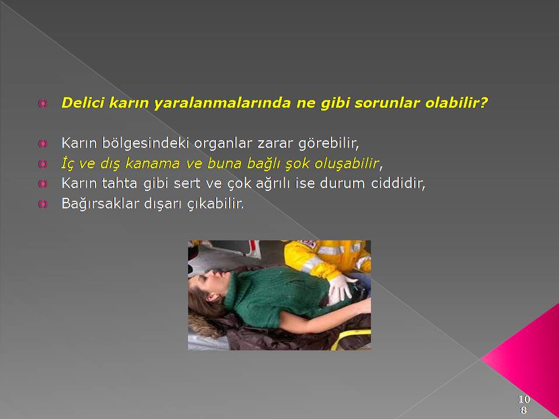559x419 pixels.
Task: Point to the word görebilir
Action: click(x=328, y=143)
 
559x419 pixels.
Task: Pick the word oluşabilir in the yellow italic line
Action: click(x=346, y=164)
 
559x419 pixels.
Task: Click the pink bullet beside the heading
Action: click(x=43, y=104)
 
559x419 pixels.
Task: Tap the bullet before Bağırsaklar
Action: click(x=43, y=204)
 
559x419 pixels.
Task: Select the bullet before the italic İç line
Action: click(x=43, y=164)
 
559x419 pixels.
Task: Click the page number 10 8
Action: click(x=524, y=404)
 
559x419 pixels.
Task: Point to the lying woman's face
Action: click(x=210, y=282)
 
